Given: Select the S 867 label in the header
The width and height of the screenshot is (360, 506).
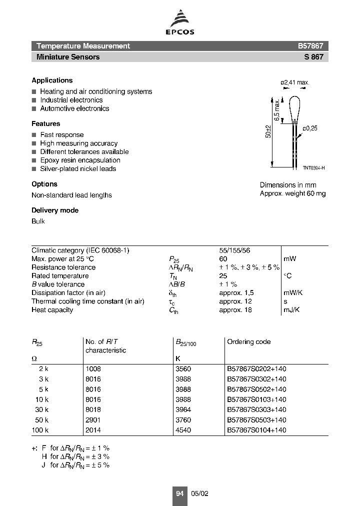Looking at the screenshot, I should (313, 57).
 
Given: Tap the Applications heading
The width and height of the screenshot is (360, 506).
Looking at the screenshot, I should (52, 80).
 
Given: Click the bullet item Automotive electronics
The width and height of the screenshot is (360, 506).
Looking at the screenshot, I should (74, 108).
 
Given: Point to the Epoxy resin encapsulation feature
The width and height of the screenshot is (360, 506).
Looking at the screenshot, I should (80, 160).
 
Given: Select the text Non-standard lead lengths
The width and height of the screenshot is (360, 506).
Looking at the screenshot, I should (71, 195).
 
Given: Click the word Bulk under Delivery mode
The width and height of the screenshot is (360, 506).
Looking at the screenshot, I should (38, 221).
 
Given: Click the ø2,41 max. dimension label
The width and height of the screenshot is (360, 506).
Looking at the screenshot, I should (295, 82).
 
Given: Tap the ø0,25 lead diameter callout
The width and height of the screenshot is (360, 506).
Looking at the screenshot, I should (309, 128).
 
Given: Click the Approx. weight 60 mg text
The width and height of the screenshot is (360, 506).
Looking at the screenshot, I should (292, 193).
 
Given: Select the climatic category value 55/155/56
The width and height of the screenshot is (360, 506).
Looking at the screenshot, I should (234, 250).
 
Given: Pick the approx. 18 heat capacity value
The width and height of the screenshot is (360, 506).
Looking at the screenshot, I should (235, 310).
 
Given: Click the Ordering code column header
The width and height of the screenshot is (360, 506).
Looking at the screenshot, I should (248, 342).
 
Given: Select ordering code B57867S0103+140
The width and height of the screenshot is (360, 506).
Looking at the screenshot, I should (256, 399).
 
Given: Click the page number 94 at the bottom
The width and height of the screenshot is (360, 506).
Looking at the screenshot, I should (179, 493).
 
